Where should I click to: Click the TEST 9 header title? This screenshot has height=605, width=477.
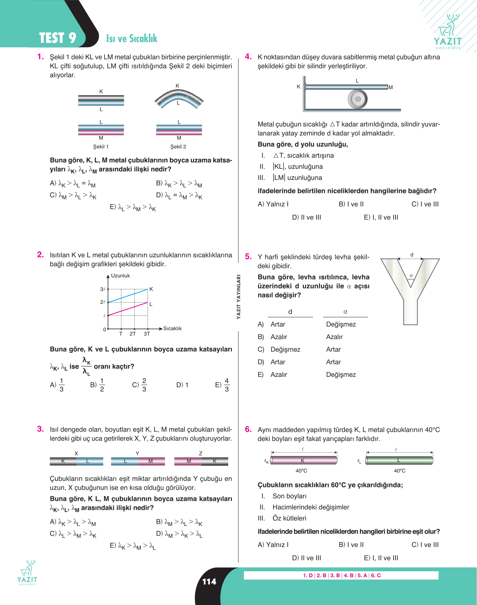click(58, 38)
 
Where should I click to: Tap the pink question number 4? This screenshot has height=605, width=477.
click(248, 57)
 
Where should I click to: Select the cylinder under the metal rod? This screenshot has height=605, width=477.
click(357, 99)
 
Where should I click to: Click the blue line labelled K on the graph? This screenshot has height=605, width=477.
click(128, 296)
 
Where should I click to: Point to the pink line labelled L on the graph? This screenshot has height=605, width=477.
click(128, 309)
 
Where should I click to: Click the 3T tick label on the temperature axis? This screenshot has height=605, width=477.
click(147, 334)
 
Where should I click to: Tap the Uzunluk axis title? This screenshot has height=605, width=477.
click(120, 276)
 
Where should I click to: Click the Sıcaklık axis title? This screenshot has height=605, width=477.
click(172, 329)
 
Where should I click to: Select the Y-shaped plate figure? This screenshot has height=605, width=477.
click(410, 291)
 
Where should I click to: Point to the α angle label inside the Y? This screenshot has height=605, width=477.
click(411, 275)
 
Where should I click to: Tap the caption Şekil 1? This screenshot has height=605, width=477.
click(101, 147)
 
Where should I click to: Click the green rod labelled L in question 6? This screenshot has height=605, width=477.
click(399, 460)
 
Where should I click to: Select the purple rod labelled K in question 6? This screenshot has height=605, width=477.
click(303, 460)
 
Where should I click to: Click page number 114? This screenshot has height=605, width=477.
click(209, 582)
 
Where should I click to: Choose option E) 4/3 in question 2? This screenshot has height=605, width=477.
click(223, 385)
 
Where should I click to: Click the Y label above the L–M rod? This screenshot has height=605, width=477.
click(137, 453)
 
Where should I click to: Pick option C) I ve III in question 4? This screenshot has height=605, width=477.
click(425, 204)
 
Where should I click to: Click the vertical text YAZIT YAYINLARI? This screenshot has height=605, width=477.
click(238, 297)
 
